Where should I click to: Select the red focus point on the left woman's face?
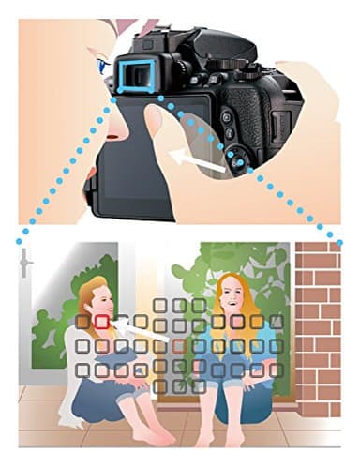(x=101, y=322)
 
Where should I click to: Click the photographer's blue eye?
(x=101, y=67)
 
